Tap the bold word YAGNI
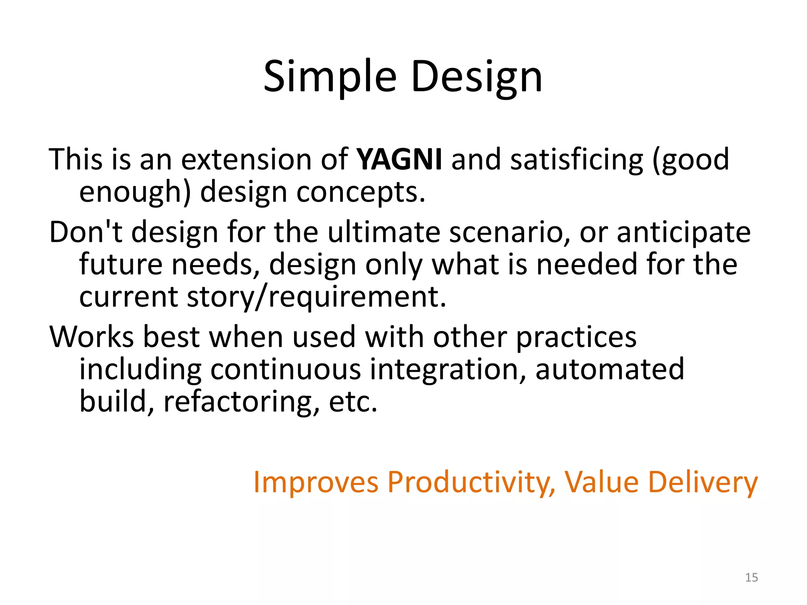point(399,160)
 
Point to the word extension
point(247,160)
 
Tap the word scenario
point(509,232)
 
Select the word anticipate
point(683,232)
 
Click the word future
point(121,264)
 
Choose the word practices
point(576,337)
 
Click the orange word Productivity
point(471,482)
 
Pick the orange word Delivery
point(703,482)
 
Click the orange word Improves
point(316,482)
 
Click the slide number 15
point(751,577)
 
